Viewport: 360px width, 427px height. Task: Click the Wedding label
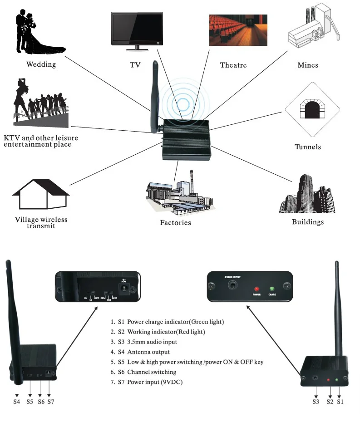coord(41,64)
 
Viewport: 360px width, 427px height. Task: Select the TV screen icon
coord(137,30)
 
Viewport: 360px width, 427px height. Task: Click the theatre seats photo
coord(238,30)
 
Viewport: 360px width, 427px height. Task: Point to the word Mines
coord(308,65)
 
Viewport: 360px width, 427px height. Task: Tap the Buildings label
coord(307,222)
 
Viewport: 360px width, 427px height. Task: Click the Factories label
coord(175,223)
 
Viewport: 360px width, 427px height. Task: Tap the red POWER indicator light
coord(256,289)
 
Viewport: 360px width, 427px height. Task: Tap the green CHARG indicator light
coord(272,289)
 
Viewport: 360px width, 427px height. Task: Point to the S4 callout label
coord(17,401)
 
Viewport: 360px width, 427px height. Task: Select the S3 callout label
coord(316,401)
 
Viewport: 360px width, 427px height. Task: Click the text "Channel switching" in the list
coord(152,372)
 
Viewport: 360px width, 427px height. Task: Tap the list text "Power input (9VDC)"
coord(155,382)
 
